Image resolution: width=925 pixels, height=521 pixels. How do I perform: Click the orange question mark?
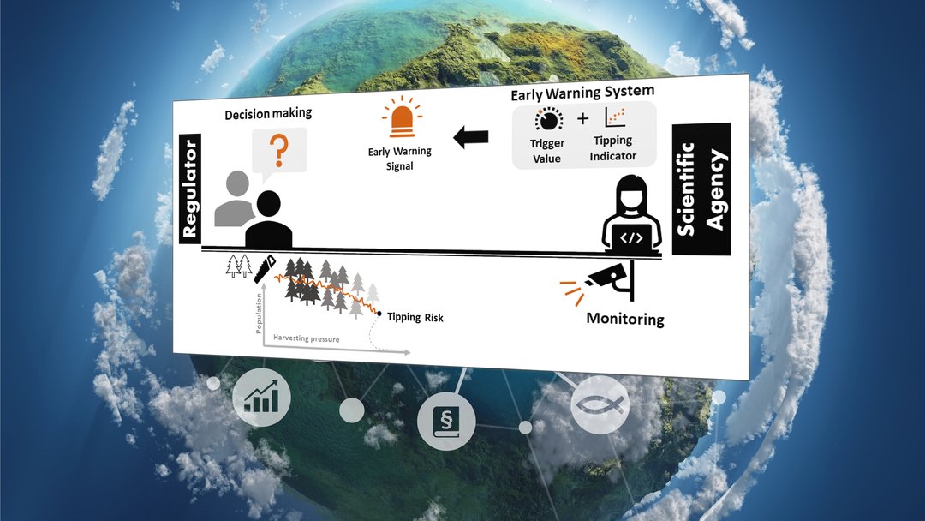click(278, 150)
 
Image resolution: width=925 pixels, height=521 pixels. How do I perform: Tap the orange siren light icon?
click(402, 117)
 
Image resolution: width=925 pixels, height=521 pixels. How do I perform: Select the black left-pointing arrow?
click(471, 137)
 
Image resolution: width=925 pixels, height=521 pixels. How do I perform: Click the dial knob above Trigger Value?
click(549, 120)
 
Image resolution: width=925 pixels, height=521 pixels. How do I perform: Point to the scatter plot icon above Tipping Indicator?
click(615, 117)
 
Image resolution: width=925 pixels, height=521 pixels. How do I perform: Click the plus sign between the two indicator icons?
click(583, 118)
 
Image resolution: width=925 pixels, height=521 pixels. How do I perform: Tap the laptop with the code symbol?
click(631, 238)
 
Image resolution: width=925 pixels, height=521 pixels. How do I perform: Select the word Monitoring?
click(625, 320)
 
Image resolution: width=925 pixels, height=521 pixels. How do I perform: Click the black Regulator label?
click(190, 189)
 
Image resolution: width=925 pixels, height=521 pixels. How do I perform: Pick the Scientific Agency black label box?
click(701, 189)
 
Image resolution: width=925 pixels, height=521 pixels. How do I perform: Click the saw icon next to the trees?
click(265, 268)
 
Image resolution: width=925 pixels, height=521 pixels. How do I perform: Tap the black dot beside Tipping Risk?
click(379, 314)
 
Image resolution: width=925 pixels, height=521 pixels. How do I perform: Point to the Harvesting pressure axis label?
click(306, 338)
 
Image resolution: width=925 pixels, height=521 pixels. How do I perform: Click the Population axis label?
click(259, 314)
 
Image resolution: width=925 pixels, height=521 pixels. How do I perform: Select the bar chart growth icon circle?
click(261, 397)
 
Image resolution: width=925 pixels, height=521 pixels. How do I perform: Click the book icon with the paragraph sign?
click(446, 421)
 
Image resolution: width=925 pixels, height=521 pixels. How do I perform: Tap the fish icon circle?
click(600, 404)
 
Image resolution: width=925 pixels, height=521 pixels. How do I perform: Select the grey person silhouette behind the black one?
click(235, 198)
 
